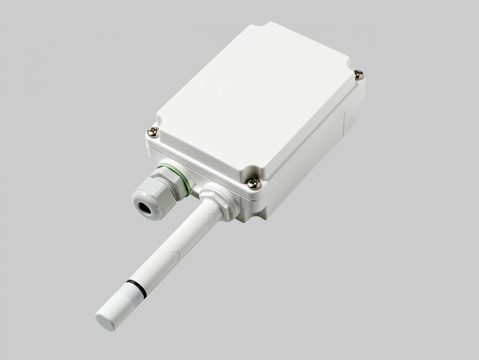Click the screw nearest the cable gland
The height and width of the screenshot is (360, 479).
point(153,132)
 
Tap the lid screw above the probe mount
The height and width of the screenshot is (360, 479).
point(254,182)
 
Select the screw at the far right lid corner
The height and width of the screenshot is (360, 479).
point(358,74)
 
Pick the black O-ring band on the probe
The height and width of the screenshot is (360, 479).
point(136,287)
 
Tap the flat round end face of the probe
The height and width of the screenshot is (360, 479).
point(105,321)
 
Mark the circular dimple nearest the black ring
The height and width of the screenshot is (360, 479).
point(175,256)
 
